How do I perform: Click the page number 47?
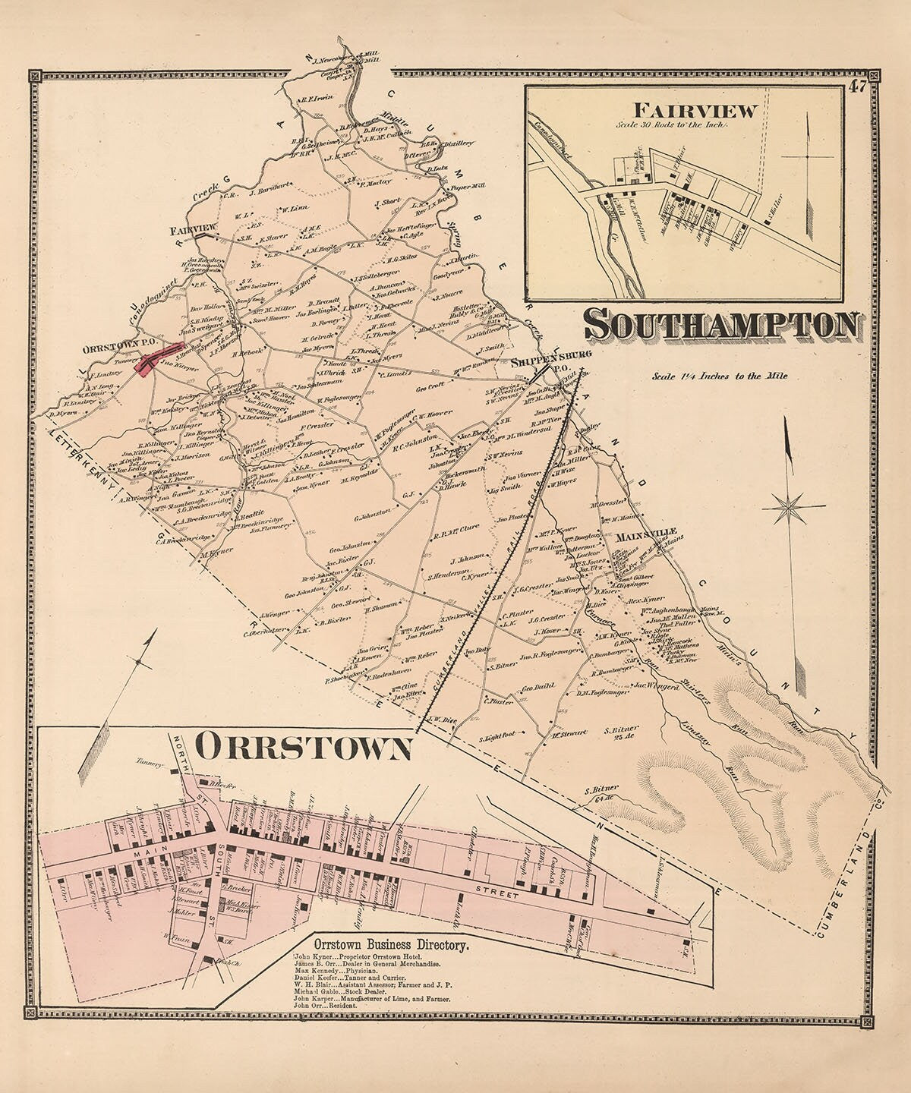click(x=859, y=87)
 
